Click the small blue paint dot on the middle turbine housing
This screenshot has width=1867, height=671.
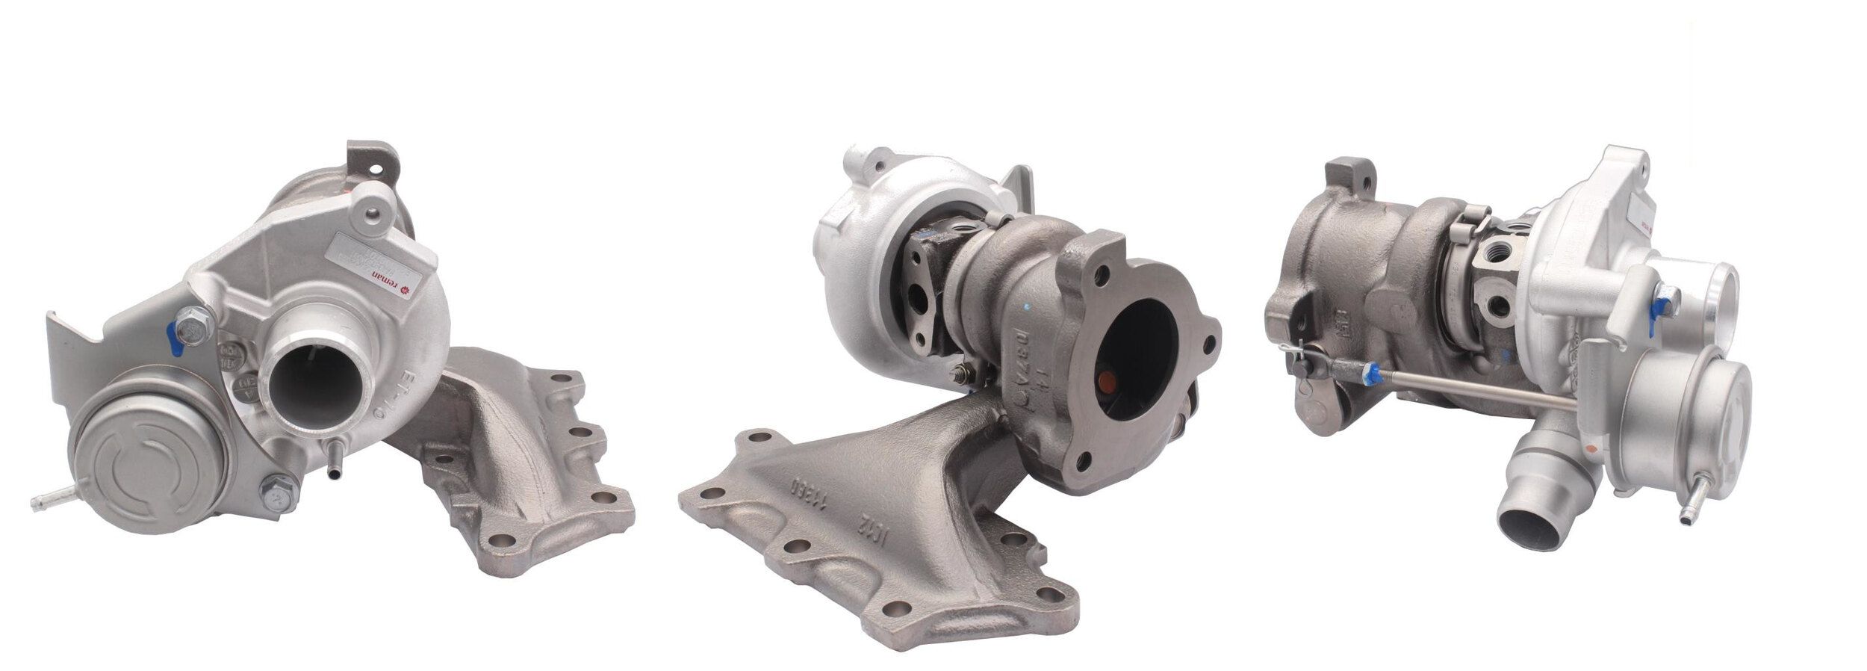(x=1031, y=306)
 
